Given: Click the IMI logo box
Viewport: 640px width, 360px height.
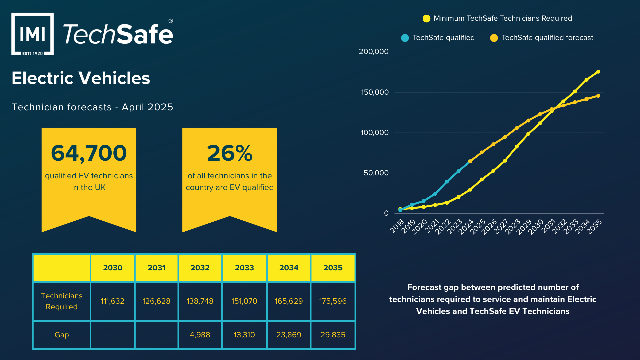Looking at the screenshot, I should tap(32, 34).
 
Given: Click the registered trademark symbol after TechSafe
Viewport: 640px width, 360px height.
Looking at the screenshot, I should tap(171, 21).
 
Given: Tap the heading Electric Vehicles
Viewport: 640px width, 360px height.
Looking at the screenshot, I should tap(81, 78).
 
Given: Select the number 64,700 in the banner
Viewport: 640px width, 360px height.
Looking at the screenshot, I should tap(89, 153).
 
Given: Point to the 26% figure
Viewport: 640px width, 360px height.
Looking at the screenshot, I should tap(230, 153).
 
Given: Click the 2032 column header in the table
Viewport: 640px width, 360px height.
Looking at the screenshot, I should tap(200, 268).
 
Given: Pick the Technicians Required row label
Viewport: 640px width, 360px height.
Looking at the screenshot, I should tap(62, 301).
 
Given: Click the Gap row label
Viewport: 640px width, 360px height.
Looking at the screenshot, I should tap(62, 335).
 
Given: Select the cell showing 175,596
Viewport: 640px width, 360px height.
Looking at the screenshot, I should tap(333, 301).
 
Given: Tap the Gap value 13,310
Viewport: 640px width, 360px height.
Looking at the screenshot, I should tap(244, 335).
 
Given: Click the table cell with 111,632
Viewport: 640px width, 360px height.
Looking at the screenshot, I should tap(112, 301).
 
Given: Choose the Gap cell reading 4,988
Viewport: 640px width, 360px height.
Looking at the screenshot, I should tap(200, 335).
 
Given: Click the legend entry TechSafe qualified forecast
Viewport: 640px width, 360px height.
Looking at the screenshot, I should tap(547, 38).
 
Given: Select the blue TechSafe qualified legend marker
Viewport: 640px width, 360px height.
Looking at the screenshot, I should tap(405, 38).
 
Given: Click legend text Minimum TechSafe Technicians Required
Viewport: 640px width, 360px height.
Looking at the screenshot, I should tap(503, 18).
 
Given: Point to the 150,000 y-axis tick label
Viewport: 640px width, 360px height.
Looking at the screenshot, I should tap(375, 92).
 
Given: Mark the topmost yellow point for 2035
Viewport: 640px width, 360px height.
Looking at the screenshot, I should tap(598, 72).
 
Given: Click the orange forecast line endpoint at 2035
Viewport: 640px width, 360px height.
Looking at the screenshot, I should tap(598, 96).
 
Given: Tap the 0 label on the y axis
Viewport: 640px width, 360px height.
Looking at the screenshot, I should tap(386, 213).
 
